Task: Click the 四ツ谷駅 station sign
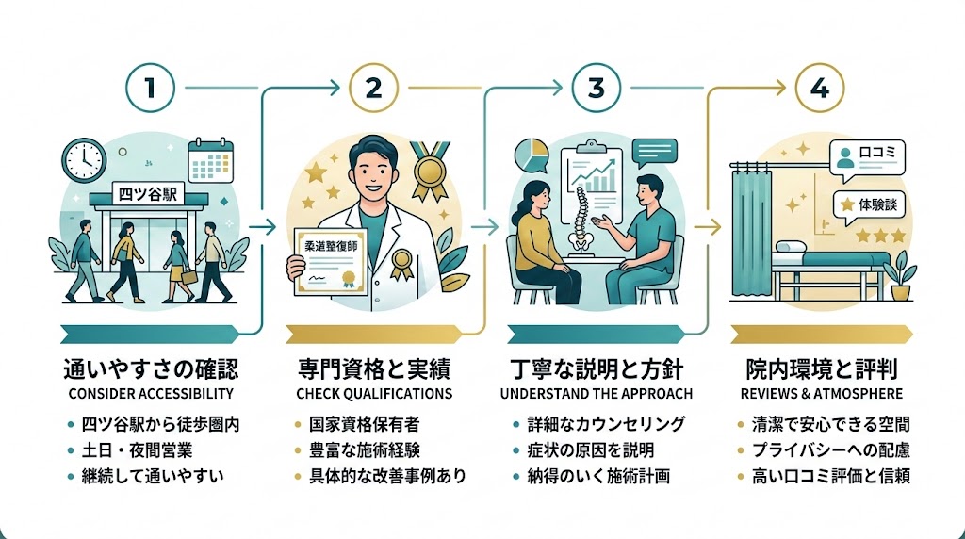[148, 196]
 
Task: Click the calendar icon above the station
[210, 160]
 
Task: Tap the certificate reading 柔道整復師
[329, 260]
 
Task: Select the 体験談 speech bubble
[869, 203]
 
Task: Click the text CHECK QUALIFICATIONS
[374, 394]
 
